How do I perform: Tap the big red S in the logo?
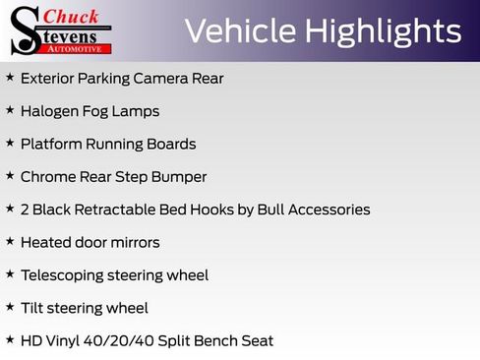[x=25, y=30]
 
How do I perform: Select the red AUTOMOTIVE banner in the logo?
[x=79, y=48]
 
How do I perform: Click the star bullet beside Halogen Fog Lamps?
[x=10, y=110]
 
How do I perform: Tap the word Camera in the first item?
[x=165, y=78]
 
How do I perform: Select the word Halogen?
[x=51, y=111]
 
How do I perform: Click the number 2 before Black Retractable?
[x=25, y=210]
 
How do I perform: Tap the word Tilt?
[x=32, y=308]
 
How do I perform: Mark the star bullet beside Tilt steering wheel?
[x=10, y=307]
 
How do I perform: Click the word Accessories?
[x=328, y=210]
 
